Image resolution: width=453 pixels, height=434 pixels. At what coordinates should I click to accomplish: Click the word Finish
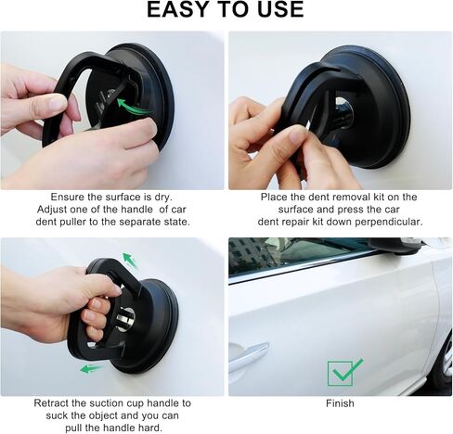point(340,403)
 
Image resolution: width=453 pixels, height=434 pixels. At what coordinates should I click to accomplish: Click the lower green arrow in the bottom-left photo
point(91,368)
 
